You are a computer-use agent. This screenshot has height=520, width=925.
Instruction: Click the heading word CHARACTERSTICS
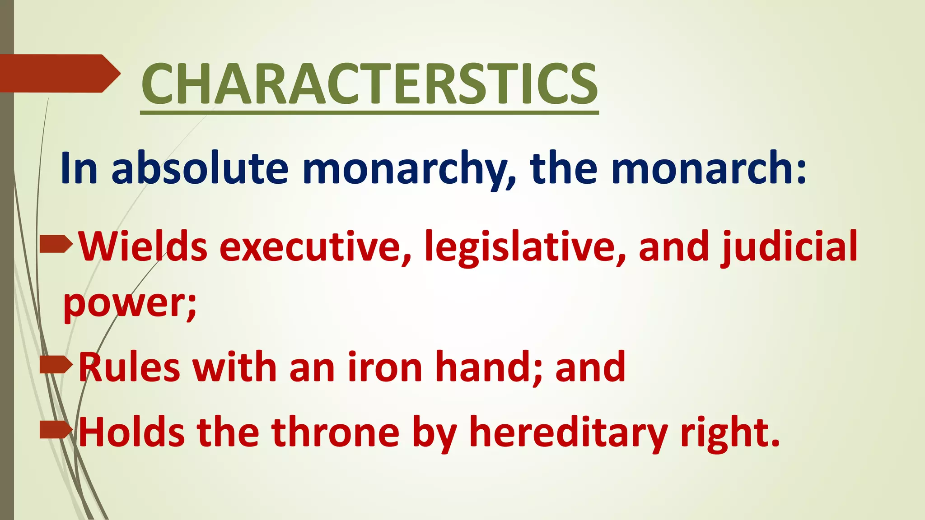(x=369, y=84)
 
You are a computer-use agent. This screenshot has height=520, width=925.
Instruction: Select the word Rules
(x=129, y=367)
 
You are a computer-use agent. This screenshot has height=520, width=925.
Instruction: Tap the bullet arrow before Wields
(x=56, y=244)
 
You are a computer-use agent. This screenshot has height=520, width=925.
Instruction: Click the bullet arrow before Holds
(x=56, y=430)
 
